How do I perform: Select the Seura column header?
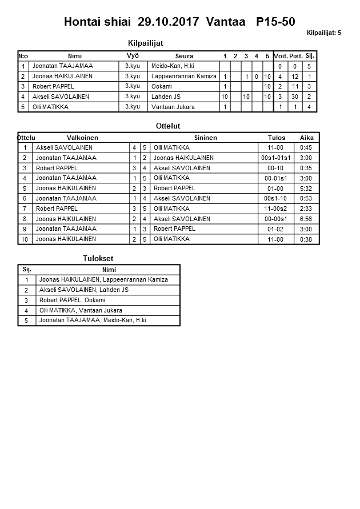[184, 56]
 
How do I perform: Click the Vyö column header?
[132, 56]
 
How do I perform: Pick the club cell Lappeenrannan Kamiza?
[183, 77]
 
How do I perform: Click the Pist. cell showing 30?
[295, 97]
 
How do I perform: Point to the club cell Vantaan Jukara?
[173, 107]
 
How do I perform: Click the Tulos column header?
[275, 138]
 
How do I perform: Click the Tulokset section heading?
[98, 259]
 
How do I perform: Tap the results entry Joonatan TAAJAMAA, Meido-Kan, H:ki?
[93, 320]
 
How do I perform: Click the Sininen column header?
[205, 138]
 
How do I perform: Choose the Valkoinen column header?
[82, 138]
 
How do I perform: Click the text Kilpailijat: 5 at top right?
[323, 33]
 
